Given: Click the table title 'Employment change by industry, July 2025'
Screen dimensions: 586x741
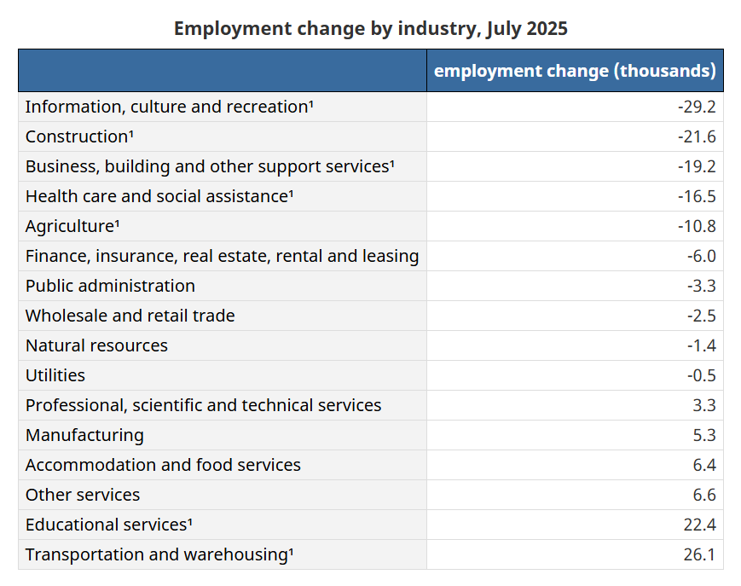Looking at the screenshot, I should [x=370, y=28].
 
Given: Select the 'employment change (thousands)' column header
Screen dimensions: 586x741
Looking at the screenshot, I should [x=575, y=71].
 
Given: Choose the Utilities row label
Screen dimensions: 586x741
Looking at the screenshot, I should [x=55, y=375].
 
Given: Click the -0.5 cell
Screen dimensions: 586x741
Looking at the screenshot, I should [x=701, y=375].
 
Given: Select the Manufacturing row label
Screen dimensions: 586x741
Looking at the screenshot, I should [x=84, y=435].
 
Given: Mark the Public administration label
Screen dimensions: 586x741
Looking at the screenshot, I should [x=110, y=286].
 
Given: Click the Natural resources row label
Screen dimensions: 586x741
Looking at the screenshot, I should [x=96, y=345].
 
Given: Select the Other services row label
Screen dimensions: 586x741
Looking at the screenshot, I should [x=83, y=495].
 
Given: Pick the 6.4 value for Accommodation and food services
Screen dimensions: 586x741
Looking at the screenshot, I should [x=704, y=465].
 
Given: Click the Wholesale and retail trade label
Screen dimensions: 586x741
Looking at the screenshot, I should [x=130, y=316].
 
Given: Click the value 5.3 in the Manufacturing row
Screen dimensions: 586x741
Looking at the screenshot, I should [x=704, y=435].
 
